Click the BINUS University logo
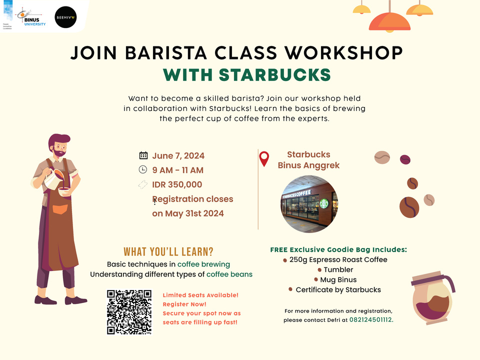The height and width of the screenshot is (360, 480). point(30,18)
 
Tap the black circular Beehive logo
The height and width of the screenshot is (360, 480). point(65,17)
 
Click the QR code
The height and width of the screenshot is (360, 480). point(129,312)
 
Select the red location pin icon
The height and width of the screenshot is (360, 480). point(264,158)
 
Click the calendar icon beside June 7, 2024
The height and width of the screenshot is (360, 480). point(143,155)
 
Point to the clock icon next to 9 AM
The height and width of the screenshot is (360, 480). point(143,169)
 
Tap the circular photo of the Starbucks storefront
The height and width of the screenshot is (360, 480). point(309,203)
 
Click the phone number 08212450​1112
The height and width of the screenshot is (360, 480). point(370,319)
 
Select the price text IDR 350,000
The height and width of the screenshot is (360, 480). point(177,184)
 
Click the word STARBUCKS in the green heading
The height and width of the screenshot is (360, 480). point(275,74)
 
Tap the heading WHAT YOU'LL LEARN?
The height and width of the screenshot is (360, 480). point(168,251)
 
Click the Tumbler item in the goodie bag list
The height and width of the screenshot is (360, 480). point(338,269)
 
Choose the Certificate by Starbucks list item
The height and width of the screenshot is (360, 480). point(338,289)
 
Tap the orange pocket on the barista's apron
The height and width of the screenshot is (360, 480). point(60,209)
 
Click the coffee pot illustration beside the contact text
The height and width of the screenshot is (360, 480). point(432,297)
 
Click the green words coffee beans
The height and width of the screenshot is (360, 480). point(229,274)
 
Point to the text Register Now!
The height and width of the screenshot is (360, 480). point(184,304)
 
